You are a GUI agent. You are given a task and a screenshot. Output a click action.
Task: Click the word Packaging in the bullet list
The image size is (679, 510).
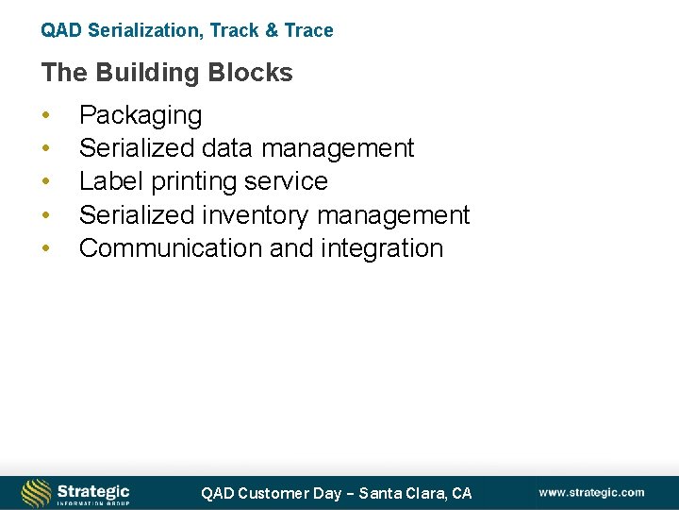141,116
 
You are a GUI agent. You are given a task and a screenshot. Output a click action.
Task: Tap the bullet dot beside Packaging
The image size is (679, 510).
44,116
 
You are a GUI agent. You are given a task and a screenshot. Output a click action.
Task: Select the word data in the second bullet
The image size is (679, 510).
225,148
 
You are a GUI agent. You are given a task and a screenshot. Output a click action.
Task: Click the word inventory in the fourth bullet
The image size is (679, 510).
256,214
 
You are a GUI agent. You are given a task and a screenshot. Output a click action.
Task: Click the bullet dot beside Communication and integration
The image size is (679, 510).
44,248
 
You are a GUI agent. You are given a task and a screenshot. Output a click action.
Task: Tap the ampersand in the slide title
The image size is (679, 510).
272,30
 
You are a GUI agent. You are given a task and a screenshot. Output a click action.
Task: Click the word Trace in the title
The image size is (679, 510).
308,30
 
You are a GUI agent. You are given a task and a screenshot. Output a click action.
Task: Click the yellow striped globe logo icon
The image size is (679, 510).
36,493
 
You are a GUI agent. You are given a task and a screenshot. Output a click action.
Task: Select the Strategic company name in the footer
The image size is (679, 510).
93,490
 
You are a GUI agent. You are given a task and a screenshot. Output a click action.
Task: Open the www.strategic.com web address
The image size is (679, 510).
592,492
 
